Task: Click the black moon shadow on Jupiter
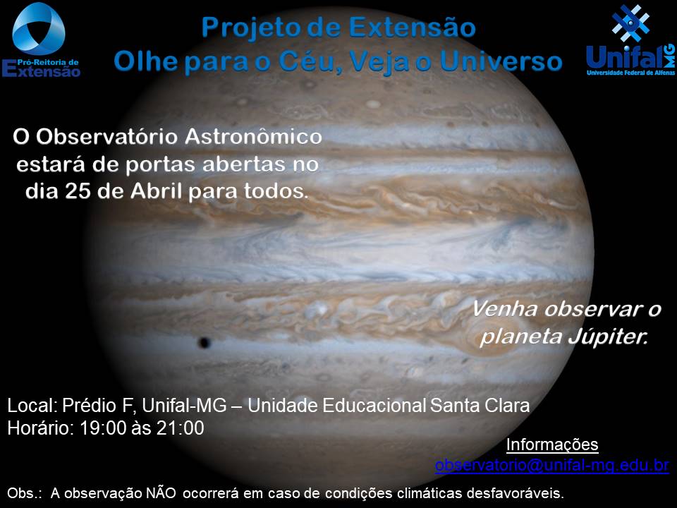click(x=204, y=343)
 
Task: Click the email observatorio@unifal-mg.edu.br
click(x=551, y=465)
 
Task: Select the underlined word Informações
click(x=551, y=445)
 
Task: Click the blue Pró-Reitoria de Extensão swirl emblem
click(x=39, y=28)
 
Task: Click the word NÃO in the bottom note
click(x=161, y=492)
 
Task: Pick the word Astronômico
click(x=253, y=136)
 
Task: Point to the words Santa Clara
click(x=480, y=406)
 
